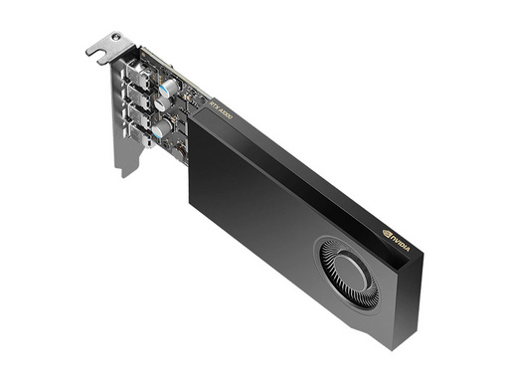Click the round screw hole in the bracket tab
tap(117, 37)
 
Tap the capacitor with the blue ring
tap(170, 88)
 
